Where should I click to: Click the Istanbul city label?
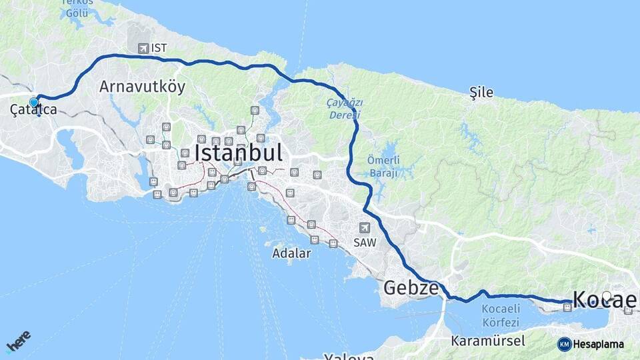(238, 153)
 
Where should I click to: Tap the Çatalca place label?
(33, 111)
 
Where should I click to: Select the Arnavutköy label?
(142, 87)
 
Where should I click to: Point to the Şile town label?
(481, 93)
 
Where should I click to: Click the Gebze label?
(411, 288)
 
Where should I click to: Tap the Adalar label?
(291, 253)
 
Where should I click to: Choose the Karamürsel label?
(488, 341)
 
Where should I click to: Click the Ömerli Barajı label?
(382, 166)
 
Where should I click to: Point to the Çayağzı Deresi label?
(344, 108)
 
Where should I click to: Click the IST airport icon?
(143, 48)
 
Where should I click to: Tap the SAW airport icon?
(364, 228)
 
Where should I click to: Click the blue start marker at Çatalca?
(33, 102)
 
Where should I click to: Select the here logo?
(18, 342)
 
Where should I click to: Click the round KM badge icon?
(565, 344)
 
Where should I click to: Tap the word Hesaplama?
(599, 344)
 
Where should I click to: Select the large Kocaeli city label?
(603, 300)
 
